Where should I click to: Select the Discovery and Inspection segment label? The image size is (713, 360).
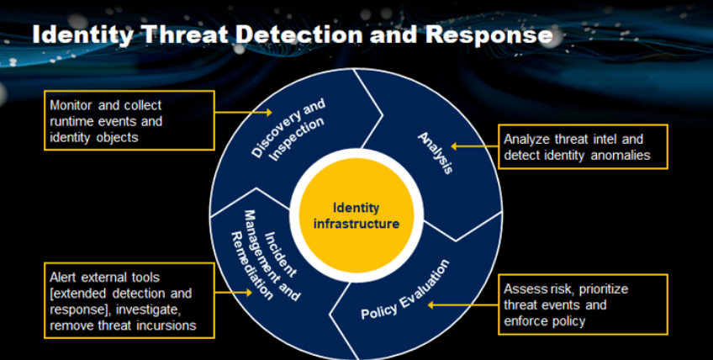pos(288,130)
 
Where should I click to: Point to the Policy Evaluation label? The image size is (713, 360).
pos(405,289)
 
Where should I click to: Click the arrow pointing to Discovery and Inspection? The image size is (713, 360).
pos(243,112)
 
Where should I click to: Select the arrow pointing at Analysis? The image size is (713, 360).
pos(474,146)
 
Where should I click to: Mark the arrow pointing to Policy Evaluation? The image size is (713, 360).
pos(463,305)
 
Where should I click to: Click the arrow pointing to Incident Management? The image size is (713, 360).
pos(233,292)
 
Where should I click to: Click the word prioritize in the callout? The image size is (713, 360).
pos(604,289)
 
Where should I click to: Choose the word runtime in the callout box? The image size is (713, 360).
pos(71,121)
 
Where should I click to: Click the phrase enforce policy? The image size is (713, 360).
pos(544,322)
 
